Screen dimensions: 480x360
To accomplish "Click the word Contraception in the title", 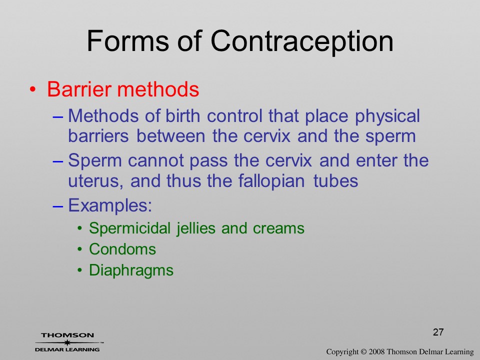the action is coord(302,41).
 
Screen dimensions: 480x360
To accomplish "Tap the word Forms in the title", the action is coord(127,41).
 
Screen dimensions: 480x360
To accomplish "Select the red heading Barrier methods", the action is coord(123,89).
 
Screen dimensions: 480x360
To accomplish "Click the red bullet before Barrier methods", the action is coord(33,89).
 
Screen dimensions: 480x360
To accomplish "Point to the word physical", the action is coord(387,117).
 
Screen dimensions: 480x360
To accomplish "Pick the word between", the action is coord(170,136).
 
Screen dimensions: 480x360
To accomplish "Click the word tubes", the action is coord(335,181).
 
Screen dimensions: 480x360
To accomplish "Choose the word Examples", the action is coord(110,205).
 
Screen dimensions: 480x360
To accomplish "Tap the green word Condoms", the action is coord(122,249).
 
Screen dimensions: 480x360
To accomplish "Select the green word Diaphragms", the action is coord(131,271).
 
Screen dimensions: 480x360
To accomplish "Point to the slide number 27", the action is coord(438,332).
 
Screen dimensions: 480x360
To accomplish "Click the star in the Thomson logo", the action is coord(67,342).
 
